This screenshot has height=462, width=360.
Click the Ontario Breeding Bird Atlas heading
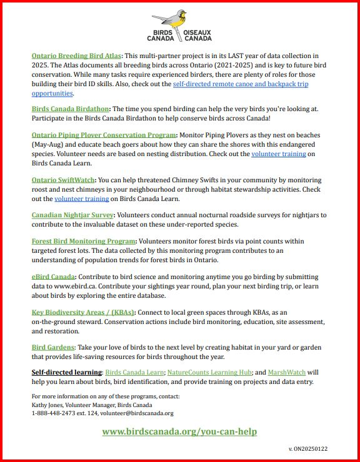(x=76, y=56)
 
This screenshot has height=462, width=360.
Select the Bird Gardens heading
(x=52, y=346)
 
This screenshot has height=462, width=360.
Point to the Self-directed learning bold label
(x=66, y=372)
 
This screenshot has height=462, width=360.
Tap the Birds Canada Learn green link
(x=134, y=372)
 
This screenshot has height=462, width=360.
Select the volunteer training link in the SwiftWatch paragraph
(x=82, y=199)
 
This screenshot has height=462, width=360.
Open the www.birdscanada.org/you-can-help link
(x=179, y=431)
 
